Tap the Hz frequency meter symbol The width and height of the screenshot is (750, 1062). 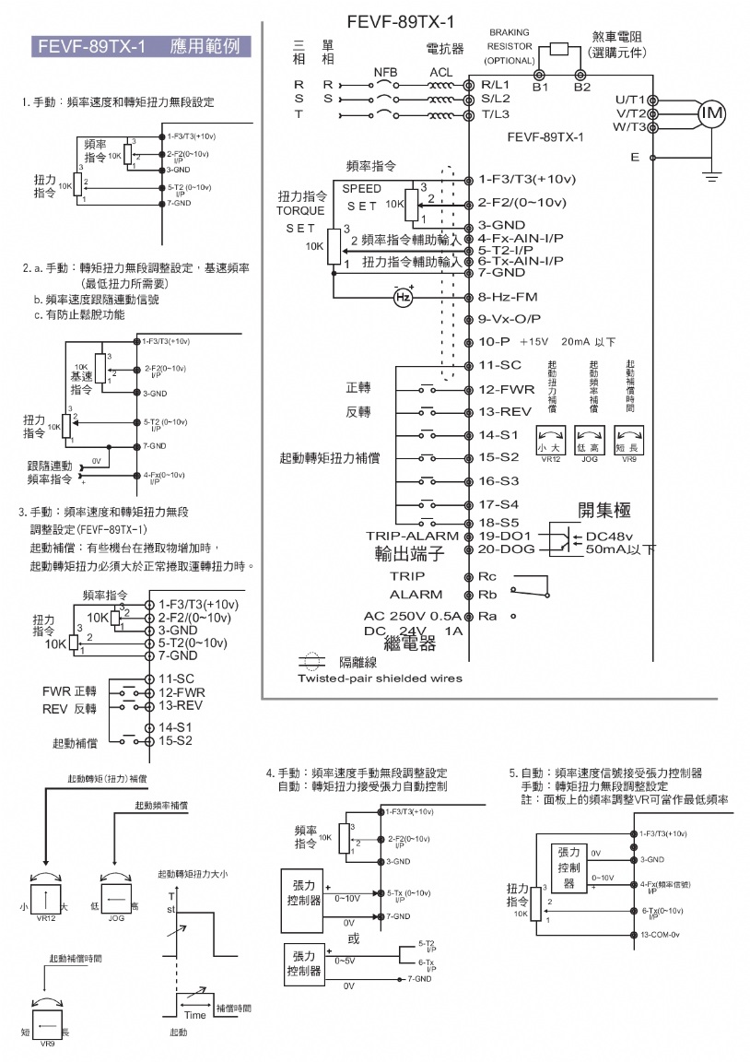pos(403,297)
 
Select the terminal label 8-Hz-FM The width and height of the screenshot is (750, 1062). pos(510,298)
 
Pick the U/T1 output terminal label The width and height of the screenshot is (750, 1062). pos(631,99)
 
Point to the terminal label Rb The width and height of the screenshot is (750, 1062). pos(487,595)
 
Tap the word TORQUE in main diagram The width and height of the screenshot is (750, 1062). pos(301,210)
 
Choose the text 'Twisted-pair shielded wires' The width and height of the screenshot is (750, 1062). pos(380,678)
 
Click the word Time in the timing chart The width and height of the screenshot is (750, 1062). pos(194,1014)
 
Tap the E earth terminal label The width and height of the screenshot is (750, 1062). pos(635,158)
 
